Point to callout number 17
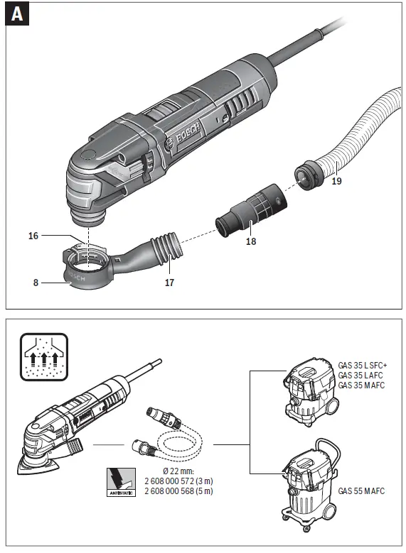point(170,282)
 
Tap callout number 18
point(250,241)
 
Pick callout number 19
point(337,182)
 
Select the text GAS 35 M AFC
point(360,385)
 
